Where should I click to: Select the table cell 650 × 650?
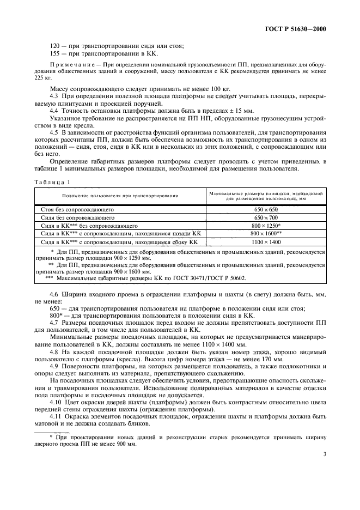[x=266, y=209]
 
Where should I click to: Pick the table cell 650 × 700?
[x=266, y=217]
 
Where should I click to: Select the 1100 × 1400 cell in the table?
[x=266, y=241]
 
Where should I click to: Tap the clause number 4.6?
[x=54, y=294]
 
